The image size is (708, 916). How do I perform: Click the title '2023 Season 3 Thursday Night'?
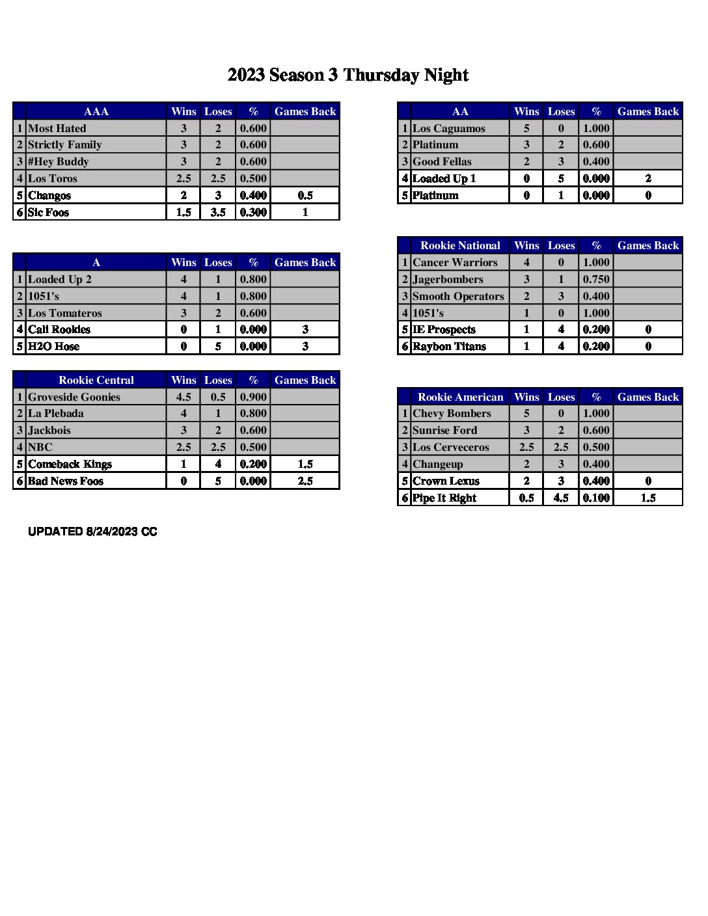(x=347, y=75)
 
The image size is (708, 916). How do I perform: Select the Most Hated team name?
(x=57, y=128)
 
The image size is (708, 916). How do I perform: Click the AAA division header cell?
(x=96, y=111)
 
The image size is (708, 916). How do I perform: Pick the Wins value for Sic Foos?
(x=184, y=212)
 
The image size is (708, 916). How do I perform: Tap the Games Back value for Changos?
(x=305, y=195)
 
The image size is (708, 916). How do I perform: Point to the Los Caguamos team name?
(x=448, y=128)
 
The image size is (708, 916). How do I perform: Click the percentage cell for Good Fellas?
(x=596, y=161)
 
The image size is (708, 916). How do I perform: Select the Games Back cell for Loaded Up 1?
(x=647, y=178)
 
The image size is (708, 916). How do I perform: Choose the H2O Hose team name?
(x=53, y=346)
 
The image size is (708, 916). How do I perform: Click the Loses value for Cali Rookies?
(x=218, y=329)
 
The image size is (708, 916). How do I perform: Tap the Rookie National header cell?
(x=460, y=245)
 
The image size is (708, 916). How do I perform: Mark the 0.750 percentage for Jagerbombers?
(x=596, y=279)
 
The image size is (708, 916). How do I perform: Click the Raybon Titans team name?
(x=449, y=346)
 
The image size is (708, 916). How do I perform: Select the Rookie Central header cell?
(x=96, y=380)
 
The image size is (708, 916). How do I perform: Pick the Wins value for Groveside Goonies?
(x=184, y=397)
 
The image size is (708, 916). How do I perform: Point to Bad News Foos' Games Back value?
(x=305, y=481)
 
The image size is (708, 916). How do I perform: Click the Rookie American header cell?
(x=460, y=397)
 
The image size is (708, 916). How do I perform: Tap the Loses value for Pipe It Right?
(x=561, y=498)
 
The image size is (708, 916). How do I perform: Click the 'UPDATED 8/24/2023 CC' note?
(x=92, y=532)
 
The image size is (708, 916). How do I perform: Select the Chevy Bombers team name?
(x=451, y=413)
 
